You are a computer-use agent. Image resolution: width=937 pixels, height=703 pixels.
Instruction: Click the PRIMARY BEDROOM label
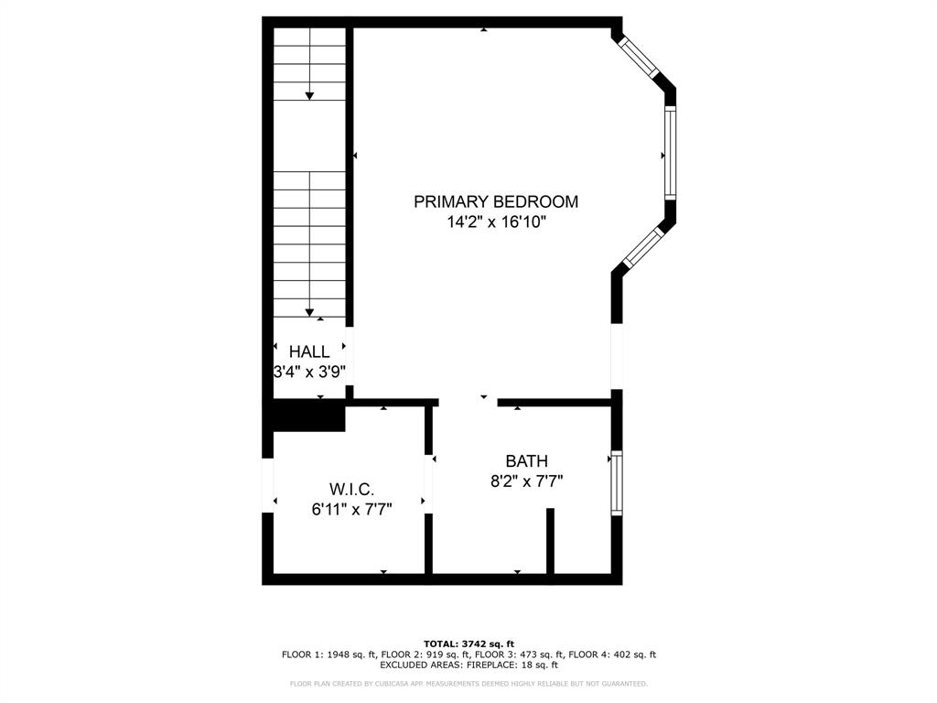(496, 201)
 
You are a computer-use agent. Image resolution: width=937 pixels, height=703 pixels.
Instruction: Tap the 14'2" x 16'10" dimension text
(496, 222)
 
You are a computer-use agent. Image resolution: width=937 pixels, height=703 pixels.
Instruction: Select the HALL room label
(309, 351)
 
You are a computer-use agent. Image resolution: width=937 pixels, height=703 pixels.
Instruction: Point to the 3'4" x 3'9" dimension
(309, 372)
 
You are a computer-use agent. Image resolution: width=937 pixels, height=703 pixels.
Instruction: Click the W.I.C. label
(351, 490)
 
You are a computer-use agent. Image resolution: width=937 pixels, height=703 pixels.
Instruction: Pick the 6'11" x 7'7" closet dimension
(351, 510)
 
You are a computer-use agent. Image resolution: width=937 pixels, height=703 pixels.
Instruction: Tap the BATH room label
(526, 461)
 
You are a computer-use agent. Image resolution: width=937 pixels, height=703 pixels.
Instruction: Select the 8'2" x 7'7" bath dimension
(526, 481)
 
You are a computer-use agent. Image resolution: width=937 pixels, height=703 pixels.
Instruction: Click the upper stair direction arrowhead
(309, 95)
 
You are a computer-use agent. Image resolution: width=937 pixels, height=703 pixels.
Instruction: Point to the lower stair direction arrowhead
(309, 312)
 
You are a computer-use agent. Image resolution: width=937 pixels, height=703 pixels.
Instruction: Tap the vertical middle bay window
(670, 153)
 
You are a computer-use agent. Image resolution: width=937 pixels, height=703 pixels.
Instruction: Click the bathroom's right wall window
(617, 481)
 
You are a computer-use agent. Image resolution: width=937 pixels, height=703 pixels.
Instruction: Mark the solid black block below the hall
(308, 416)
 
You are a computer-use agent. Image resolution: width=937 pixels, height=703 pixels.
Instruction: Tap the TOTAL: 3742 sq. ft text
(468, 644)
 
